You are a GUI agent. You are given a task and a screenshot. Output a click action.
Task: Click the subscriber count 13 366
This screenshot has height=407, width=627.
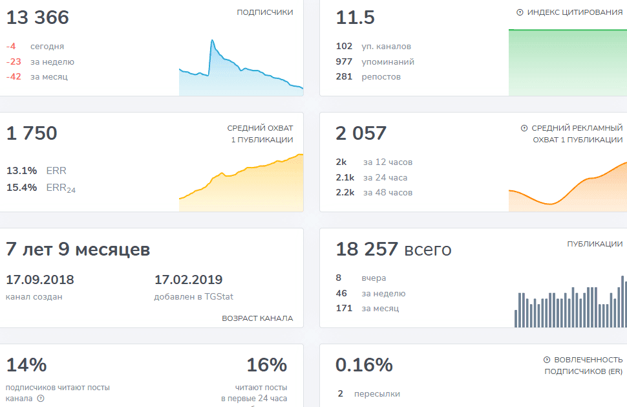click(37, 17)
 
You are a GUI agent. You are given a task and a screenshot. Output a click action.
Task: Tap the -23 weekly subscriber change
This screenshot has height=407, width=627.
click(14, 61)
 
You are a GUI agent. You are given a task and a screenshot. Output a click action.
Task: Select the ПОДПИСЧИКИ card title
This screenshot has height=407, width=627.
click(265, 12)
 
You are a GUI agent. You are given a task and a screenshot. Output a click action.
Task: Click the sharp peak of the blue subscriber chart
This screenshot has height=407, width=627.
click(212, 40)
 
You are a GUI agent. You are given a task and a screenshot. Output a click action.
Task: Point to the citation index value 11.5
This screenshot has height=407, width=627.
click(355, 17)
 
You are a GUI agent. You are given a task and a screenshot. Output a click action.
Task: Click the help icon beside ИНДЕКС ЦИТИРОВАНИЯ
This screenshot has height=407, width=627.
click(520, 12)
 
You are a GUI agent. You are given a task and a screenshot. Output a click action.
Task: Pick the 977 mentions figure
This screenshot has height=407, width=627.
click(344, 61)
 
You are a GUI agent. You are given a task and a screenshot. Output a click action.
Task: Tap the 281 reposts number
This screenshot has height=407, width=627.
click(344, 77)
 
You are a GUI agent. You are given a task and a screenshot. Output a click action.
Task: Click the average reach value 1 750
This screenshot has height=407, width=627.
click(32, 133)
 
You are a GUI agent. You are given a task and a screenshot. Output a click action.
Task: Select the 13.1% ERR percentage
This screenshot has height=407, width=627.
click(21, 170)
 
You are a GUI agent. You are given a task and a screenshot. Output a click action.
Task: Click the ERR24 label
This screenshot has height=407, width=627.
click(61, 188)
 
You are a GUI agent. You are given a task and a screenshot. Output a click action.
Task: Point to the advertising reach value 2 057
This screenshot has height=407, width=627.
click(361, 133)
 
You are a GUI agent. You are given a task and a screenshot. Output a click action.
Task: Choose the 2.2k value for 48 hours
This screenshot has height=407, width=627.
click(345, 192)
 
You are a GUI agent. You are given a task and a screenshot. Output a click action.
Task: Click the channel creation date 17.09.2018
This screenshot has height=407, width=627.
click(40, 280)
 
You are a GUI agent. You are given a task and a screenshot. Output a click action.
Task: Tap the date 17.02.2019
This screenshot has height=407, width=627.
click(188, 280)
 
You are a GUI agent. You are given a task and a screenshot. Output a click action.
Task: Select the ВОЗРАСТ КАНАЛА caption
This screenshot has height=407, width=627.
click(257, 318)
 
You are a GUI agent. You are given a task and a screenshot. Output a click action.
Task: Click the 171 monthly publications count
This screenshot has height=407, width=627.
click(344, 308)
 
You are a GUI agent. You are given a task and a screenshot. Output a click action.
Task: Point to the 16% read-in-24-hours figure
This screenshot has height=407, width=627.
click(267, 365)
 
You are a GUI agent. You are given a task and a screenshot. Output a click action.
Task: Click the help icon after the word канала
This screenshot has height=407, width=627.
click(41, 399)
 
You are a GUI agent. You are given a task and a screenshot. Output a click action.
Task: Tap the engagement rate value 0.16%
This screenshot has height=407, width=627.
click(365, 365)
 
